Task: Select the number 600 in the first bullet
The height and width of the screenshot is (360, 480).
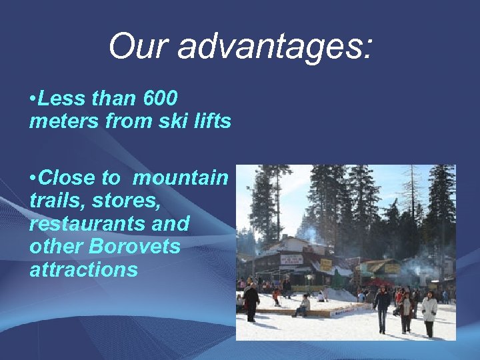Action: coord(160,99)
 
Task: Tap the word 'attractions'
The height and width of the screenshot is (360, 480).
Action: coord(83,269)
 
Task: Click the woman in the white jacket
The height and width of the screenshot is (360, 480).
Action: coord(429,311)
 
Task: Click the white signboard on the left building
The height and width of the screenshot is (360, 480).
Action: coord(291,259)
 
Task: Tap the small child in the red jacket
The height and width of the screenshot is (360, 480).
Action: coord(276,297)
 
